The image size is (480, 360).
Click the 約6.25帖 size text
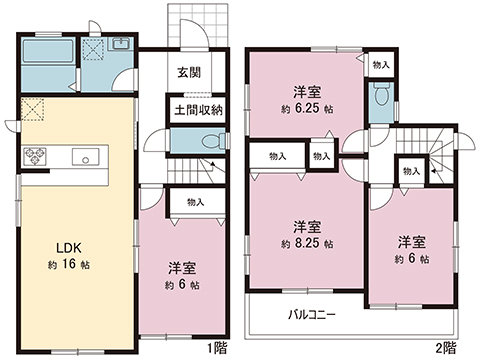point(306,108)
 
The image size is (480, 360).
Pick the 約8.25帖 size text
point(306,243)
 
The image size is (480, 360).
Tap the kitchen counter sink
point(83,157)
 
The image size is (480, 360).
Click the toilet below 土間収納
point(208,143)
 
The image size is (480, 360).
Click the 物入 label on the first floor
point(194,202)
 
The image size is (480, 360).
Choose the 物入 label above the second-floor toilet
point(380,64)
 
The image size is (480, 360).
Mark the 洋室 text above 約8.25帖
point(306,226)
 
